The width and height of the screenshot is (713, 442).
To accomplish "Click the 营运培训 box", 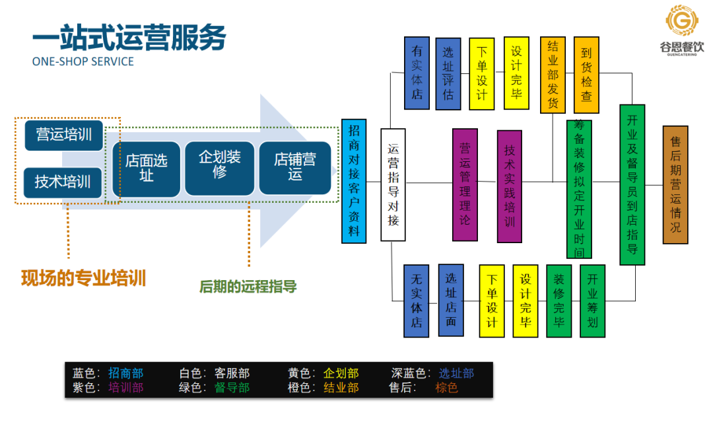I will (63, 135).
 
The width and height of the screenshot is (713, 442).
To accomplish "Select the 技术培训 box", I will (63, 181).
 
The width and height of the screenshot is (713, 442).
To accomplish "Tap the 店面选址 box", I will (147, 168).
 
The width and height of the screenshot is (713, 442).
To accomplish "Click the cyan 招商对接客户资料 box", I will (354, 180).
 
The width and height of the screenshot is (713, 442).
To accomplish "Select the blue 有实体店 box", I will (417, 73).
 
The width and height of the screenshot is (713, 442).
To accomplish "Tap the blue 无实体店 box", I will (417, 300).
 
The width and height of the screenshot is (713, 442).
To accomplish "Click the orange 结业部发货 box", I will (553, 75).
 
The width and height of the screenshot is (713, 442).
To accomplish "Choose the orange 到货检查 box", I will (586, 75).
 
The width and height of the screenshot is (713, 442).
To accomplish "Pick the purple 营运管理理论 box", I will (465, 184).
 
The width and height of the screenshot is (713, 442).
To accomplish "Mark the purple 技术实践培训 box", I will (509, 186).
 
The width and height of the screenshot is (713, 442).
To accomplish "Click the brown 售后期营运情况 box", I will (675, 184).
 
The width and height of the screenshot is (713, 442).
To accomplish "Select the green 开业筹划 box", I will (592, 301).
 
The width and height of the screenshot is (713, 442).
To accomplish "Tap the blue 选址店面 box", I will (451, 300).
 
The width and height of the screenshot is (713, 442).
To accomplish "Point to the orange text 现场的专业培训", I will (83, 277).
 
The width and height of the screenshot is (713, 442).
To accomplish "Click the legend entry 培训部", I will (125, 388).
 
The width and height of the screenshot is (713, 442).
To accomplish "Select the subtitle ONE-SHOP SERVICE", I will (83, 61).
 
